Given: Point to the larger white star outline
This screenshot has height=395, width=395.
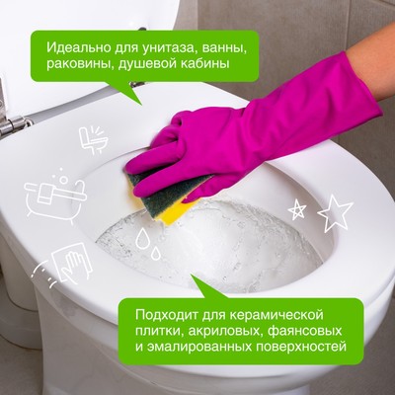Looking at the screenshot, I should pyautogui.click(x=334, y=212).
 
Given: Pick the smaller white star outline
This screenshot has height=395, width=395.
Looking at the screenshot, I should pyautogui.click(x=296, y=209).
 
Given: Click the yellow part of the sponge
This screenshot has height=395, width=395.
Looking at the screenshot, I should pyautogui.click(x=178, y=207).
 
